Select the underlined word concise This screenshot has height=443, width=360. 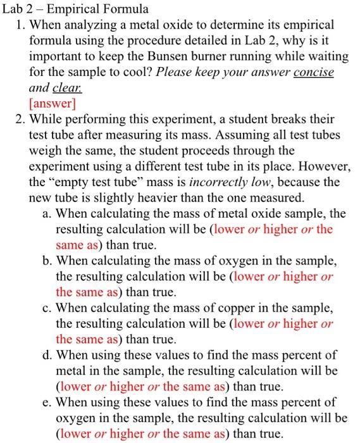click(x=313, y=72)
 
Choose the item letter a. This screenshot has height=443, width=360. click(x=47, y=213)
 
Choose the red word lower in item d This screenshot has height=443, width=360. click(x=73, y=386)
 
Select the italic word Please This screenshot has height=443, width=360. click(x=177, y=72)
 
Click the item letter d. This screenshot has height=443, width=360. click(x=47, y=356)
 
